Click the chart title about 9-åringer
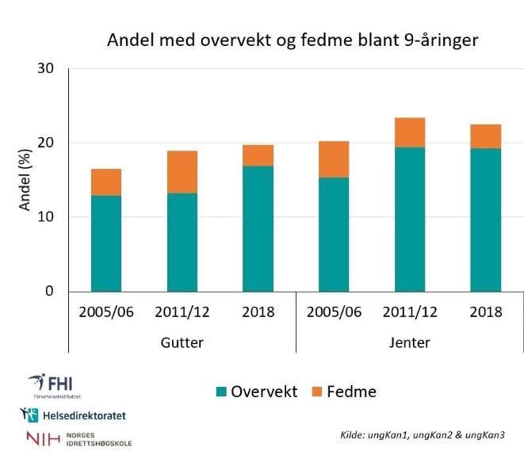(293, 40)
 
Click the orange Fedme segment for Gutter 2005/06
(106, 182)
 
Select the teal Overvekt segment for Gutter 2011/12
(182, 242)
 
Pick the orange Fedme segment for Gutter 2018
(258, 155)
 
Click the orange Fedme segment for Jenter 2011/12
(410, 132)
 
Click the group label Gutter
(182, 342)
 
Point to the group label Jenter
(410, 342)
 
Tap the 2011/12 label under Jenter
(410, 312)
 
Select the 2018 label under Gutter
(258, 312)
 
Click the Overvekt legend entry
(256, 392)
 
